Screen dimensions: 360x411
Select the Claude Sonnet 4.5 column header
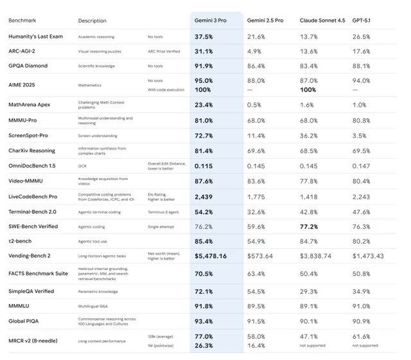[322, 21]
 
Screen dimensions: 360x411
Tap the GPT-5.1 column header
[362, 21]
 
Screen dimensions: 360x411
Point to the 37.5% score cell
[204, 37]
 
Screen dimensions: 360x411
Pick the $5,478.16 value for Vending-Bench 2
[210, 256]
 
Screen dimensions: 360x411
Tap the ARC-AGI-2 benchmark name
[24, 51]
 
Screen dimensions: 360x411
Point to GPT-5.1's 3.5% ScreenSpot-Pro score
[360, 136]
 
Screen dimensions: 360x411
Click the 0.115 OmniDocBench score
[204, 166]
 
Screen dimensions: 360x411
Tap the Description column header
[92, 21]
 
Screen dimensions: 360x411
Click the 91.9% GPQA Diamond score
[204, 66]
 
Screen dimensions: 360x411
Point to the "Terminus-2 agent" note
[165, 211]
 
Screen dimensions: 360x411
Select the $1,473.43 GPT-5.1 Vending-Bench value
[368, 256]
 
